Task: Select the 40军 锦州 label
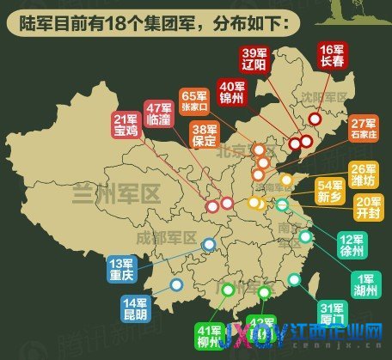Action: pos(234,92)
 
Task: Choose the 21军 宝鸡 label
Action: pos(126,125)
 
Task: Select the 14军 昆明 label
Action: pos(137,308)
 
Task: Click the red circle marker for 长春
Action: pos(315,119)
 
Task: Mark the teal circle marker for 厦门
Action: pos(295,278)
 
